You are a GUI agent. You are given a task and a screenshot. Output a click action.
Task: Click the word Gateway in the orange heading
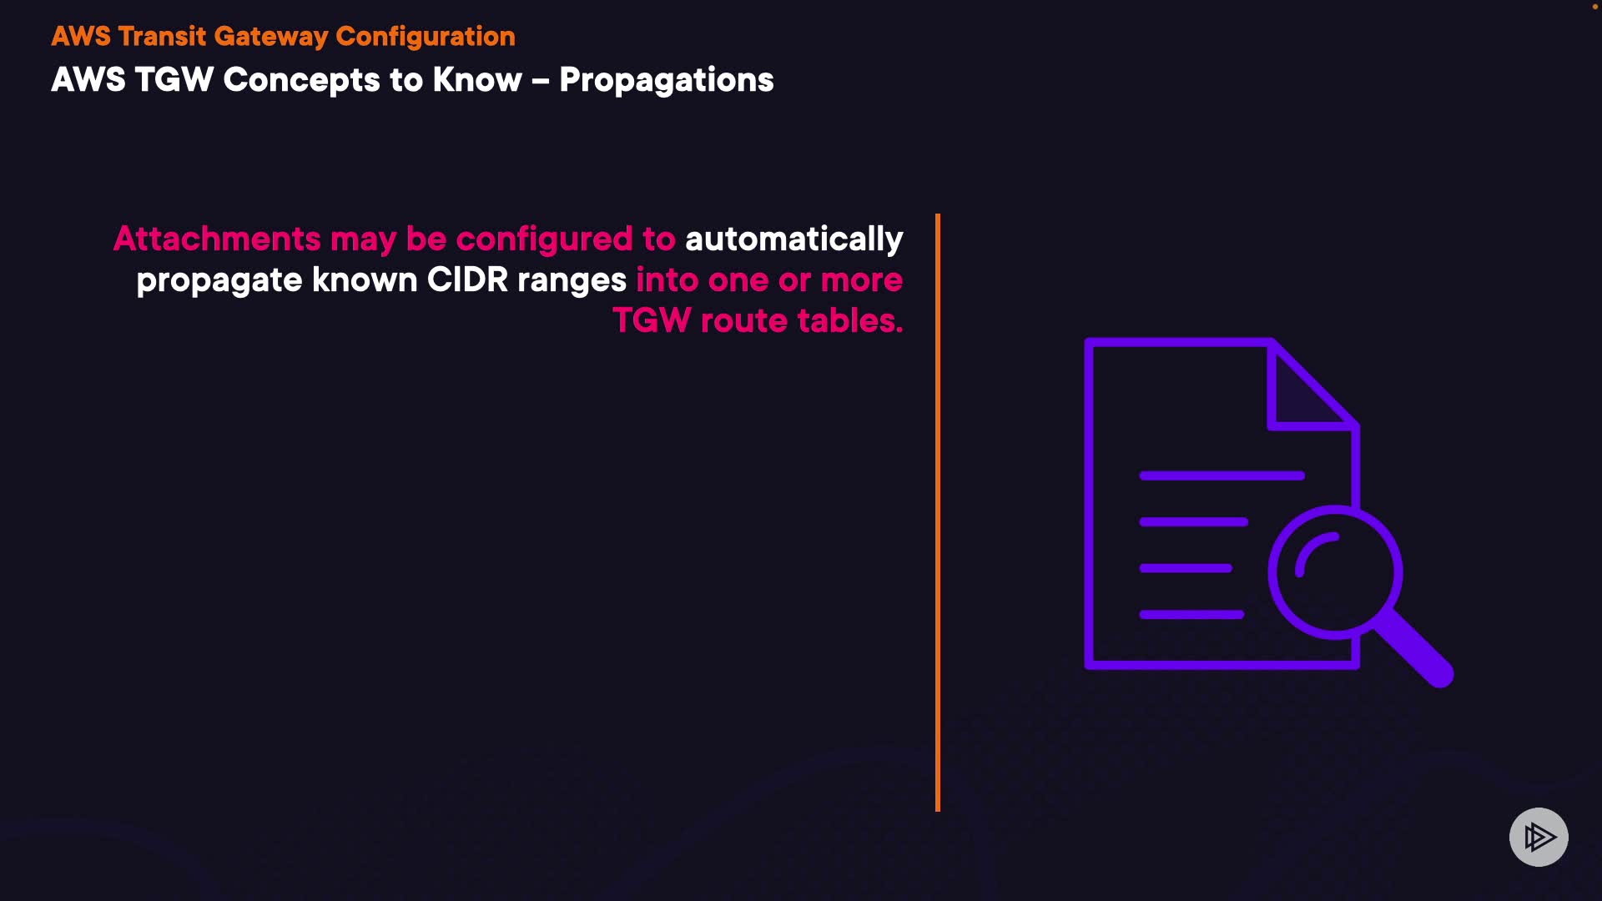coord(271,37)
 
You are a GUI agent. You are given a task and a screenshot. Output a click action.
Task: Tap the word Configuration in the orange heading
coord(426,37)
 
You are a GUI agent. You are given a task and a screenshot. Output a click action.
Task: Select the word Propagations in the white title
coord(667,81)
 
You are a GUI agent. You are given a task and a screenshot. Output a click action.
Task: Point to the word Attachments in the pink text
coord(217,239)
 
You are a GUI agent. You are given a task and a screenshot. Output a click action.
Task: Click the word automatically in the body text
coord(794,240)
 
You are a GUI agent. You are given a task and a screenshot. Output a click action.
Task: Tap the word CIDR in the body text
coord(467,280)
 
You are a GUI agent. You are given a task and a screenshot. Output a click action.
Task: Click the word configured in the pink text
coord(544,240)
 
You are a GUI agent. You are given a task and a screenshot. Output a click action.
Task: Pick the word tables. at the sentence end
coord(850,320)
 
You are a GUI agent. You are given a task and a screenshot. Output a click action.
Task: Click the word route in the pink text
coord(743,321)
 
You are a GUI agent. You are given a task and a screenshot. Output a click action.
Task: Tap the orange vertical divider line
coord(938,512)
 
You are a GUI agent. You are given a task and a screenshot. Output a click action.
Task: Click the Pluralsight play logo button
coord(1539,837)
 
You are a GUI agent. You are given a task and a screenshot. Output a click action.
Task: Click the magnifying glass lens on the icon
coord(1271,572)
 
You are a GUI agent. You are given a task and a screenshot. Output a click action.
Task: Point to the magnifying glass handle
coord(1415,651)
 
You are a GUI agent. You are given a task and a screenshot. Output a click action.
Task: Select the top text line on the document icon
coord(1222,476)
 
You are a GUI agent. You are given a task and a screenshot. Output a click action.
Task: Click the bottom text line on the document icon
coord(1191,615)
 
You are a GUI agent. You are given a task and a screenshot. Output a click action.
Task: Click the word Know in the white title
coord(477,80)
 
